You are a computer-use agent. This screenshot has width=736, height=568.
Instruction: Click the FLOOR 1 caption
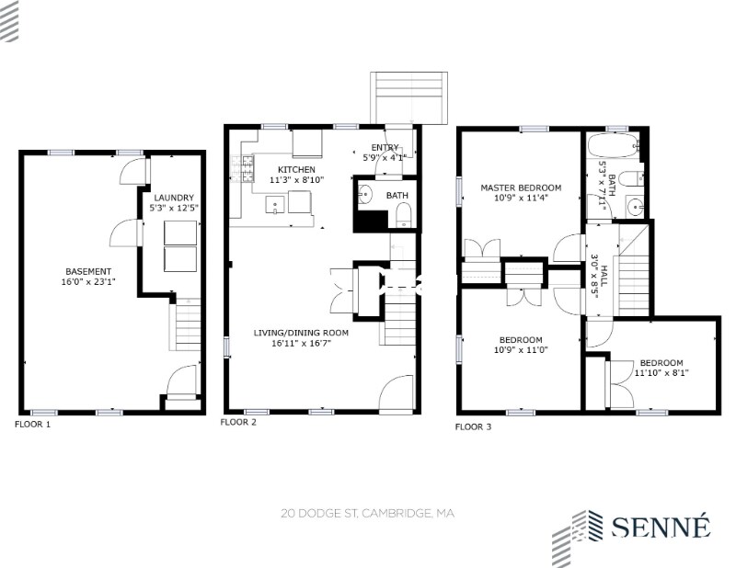tap(32, 425)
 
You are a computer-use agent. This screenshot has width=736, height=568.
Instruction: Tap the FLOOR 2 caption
tap(238, 422)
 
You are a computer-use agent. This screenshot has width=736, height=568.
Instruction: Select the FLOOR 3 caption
tap(473, 426)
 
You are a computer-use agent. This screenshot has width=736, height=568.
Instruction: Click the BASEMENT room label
tap(88, 271)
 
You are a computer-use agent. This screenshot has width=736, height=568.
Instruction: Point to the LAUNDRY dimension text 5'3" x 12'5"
tap(174, 208)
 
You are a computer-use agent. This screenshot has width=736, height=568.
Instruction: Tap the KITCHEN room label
tap(296, 169)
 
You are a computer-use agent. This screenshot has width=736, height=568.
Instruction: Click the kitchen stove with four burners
tap(242, 168)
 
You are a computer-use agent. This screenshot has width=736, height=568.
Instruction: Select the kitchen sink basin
tap(275, 205)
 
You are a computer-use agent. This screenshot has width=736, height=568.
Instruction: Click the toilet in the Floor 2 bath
tap(404, 218)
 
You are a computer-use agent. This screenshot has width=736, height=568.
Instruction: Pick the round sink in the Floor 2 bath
tap(364, 193)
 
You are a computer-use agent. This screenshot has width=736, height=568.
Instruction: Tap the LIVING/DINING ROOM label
tap(301, 333)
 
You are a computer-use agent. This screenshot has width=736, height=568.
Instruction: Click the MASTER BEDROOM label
tap(521, 187)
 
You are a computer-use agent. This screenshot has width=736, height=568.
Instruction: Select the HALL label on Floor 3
tap(604, 277)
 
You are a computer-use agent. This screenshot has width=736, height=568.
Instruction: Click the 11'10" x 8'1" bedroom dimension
tap(661, 373)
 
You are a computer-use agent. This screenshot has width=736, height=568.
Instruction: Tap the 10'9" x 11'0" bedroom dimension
tap(521, 350)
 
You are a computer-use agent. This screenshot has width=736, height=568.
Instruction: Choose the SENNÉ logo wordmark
tap(661, 527)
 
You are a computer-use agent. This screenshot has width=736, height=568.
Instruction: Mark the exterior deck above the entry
tap(408, 98)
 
